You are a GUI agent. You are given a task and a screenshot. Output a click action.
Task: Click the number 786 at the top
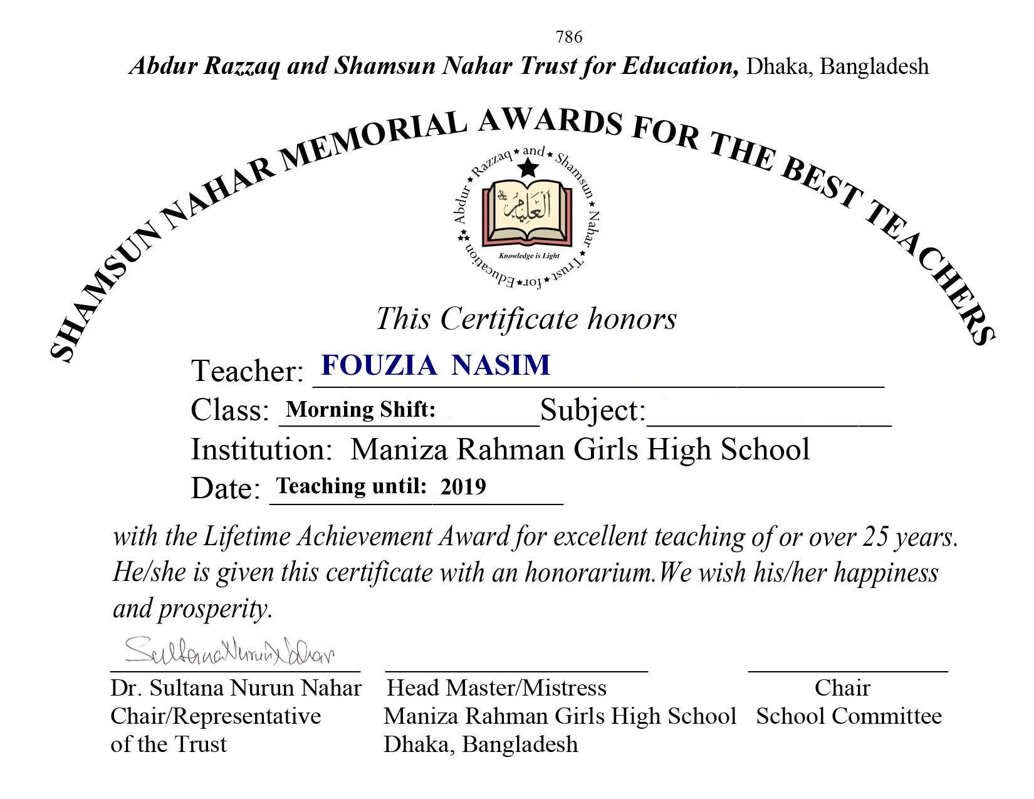point(568,38)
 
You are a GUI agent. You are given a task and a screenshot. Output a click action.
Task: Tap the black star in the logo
point(528,168)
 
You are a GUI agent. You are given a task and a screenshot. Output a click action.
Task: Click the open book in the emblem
point(527,214)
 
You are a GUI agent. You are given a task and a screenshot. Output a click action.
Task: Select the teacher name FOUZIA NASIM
point(436,365)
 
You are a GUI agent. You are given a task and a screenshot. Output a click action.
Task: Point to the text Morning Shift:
point(360,410)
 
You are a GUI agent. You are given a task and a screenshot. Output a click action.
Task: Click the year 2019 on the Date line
point(462,486)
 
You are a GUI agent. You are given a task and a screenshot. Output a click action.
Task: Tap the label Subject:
point(593,410)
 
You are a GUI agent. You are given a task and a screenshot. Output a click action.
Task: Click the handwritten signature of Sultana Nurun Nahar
point(229,652)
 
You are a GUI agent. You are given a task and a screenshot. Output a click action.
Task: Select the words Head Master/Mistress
point(497,688)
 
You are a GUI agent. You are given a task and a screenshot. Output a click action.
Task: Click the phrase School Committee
point(849,716)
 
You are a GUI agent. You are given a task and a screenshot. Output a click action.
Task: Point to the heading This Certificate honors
point(526,318)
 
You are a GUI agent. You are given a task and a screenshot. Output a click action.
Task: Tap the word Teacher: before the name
point(247,371)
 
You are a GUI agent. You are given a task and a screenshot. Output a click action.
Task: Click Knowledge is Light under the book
point(528,256)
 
